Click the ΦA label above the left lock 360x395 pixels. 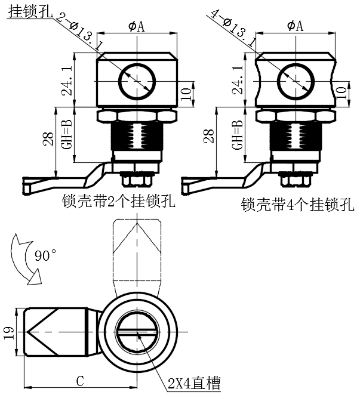[x=136, y=26]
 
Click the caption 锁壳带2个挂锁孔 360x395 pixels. [x=118, y=201]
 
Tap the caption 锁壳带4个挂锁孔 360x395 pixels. [x=297, y=205]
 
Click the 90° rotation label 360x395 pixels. [x=46, y=255]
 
